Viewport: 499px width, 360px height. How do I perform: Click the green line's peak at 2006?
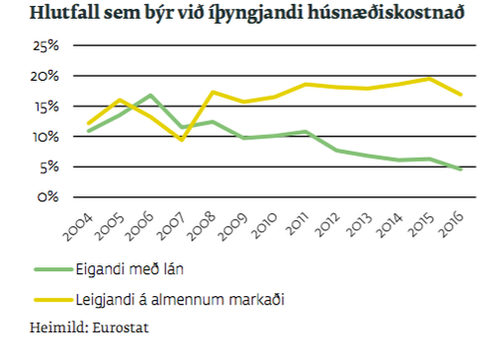point(150,96)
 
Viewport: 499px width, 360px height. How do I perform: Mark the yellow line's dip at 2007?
point(181,140)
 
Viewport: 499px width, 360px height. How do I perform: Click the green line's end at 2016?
point(460,170)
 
